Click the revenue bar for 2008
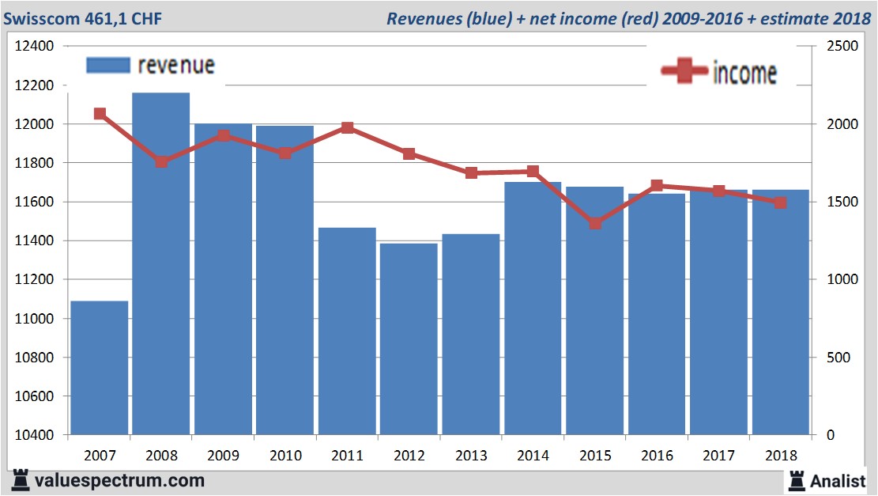point(160,264)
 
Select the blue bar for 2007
point(99,368)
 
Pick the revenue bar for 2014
point(532,309)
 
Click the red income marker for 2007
point(100,114)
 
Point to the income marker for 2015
point(595,223)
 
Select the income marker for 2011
point(347,128)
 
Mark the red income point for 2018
point(780,203)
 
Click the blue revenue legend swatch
point(107,66)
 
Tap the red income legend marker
point(684,72)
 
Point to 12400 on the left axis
point(35,47)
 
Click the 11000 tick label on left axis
point(35,319)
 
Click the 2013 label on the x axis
point(470,456)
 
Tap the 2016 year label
point(657,456)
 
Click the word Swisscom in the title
point(37,18)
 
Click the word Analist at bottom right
point(838,480)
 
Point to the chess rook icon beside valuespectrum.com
point(21,480)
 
